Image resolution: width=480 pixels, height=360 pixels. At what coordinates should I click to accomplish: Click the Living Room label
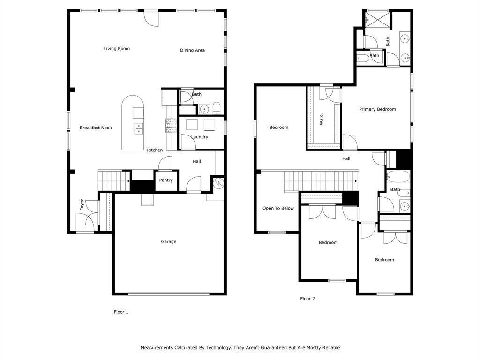point(117,49)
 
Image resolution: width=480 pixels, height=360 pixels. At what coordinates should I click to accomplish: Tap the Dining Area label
point(192,50)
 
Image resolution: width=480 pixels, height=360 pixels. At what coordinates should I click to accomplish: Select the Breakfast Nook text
point(96,127)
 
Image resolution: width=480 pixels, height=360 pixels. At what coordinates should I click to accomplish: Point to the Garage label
point(169,242)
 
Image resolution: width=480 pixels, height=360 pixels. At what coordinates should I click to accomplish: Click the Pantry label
point(166,180)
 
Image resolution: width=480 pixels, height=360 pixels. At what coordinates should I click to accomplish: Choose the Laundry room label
point(199,137)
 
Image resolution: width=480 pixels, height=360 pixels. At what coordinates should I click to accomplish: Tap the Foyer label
point(82,204)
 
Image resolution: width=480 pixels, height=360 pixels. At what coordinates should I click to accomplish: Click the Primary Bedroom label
point(377,109)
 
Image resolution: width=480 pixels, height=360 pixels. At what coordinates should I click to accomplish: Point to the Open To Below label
point(278,208)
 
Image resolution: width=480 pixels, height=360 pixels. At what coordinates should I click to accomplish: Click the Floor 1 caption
point(121,312)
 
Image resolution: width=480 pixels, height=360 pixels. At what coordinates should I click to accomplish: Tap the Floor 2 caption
point(307,298)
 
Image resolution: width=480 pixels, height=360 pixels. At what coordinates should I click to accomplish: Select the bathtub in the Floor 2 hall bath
point(398,177)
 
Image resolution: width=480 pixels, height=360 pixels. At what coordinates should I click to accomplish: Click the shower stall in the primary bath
point(377,19)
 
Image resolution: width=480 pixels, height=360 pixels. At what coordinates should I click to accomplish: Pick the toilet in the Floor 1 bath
point(217,110)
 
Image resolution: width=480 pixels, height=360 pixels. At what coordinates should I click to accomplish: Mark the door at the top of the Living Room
point(151,18)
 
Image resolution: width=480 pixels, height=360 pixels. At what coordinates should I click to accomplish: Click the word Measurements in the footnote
point(157,348)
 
